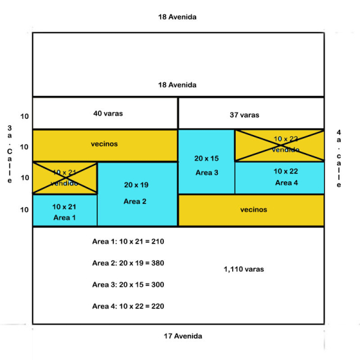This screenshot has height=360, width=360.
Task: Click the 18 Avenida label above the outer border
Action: coord(177,17)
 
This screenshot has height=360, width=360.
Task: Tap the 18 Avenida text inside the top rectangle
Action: coord(177,85)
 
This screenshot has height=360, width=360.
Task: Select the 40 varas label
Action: coord(108,113)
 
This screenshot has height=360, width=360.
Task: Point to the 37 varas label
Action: coord(244,115)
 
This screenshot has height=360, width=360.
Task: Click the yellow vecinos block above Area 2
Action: coord(105,145)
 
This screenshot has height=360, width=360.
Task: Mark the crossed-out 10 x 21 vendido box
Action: coord(65,178)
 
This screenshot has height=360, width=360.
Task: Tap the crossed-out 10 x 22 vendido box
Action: coord(279,145)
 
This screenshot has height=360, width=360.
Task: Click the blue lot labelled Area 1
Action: coord(65,211)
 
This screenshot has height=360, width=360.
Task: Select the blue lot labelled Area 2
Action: coord(137,194)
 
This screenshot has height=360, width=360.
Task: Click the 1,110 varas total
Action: coord(243,269)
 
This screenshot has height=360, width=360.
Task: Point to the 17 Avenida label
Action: coord(183,336)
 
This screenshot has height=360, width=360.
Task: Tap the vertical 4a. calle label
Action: coord(339,159)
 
